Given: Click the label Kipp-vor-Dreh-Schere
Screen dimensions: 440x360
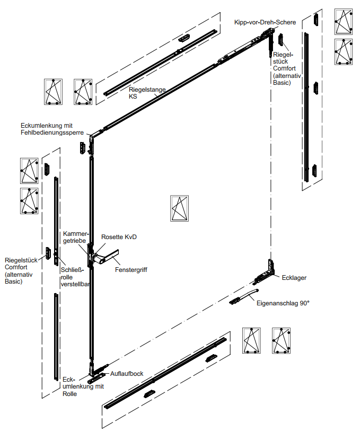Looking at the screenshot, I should point(269,22).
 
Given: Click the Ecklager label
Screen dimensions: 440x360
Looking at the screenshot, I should point(294,277).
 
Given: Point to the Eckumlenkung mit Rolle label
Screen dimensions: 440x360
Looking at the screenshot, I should point(83,386).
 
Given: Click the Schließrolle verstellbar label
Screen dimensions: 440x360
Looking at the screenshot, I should point(74,276).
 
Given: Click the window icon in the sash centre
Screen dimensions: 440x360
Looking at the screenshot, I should point(179,208).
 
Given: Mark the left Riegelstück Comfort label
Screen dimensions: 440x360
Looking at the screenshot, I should point(21,271).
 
